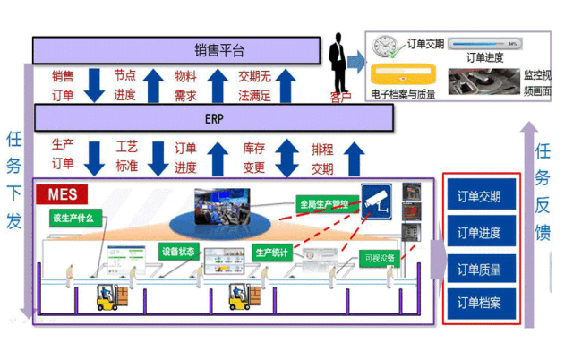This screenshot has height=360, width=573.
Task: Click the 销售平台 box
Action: pos(175,49)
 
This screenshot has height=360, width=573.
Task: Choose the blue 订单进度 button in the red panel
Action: pos(479,233)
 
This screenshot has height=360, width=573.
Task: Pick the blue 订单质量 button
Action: pos(479,268)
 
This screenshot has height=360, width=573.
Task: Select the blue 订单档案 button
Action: pos(479,303)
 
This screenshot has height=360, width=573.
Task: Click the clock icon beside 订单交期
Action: pos(384,44)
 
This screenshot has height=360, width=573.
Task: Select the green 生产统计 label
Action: pos(270,253)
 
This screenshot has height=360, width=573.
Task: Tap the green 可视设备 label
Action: pos(379,259)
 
